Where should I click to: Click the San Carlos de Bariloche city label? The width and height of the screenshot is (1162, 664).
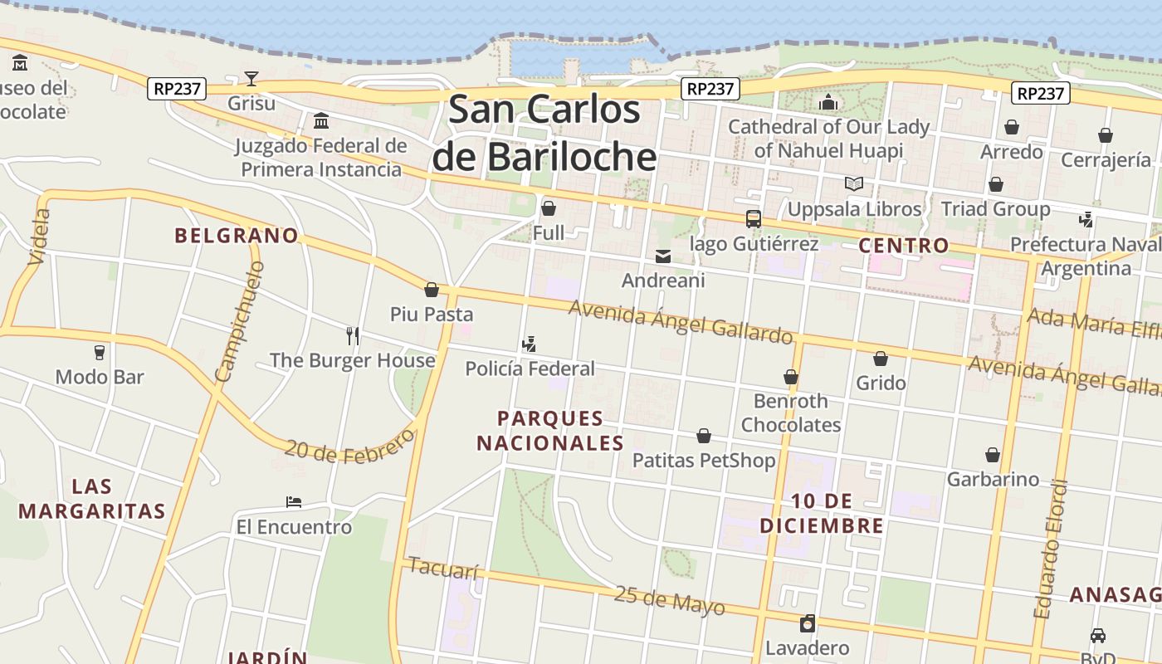pos(544,133)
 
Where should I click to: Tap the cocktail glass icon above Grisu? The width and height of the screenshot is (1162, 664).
pos(251,79)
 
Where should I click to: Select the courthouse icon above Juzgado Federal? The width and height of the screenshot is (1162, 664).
pos(321,122)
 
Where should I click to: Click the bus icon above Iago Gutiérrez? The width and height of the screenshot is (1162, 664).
pos(754,219)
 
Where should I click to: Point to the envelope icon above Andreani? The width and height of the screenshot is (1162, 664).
pos(663,256)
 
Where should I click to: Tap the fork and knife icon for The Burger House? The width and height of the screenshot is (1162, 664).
pos(353,335)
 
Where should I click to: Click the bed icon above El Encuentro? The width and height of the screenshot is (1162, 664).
pos(293,502)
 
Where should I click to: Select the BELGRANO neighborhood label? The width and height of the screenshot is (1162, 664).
pos(237,236)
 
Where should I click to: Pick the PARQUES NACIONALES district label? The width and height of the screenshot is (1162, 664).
pos(549,430)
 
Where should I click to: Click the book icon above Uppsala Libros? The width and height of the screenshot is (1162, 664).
pos(854,183)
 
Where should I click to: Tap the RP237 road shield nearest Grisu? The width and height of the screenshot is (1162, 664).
pos(177,88)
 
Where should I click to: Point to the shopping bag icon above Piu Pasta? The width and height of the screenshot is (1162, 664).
pos(432,290)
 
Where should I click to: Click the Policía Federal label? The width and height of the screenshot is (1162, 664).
pos(530,369)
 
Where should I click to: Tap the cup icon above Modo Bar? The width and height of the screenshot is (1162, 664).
pos(100,352)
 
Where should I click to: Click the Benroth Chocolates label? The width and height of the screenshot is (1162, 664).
pos(790,413)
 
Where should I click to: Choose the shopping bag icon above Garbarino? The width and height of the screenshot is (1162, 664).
pos(993,455)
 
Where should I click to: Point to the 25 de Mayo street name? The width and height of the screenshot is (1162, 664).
pos(669,601)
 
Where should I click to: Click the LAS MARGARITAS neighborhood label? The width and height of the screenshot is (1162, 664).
pos(92,498)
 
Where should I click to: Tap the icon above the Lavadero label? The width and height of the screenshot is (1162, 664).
pos(807,623)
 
